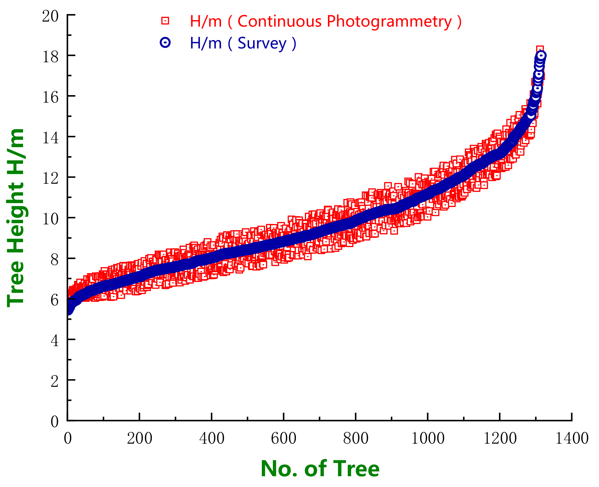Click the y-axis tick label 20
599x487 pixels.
50,16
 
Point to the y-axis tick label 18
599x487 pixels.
50,56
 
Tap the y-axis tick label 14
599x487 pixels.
50,138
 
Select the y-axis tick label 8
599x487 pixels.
54,259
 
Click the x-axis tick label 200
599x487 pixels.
140,439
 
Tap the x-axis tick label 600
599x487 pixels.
283,439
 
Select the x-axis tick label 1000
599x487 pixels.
428,439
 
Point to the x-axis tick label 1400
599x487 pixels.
572,439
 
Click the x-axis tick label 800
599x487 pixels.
356,439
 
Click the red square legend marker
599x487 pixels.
165,21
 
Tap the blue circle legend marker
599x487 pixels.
165,42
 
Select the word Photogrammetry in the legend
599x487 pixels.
389,22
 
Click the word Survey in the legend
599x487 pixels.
262,43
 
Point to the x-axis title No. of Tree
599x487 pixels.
320,469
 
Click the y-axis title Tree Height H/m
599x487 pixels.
16,217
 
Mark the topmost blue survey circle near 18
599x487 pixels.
541,56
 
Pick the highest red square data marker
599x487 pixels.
540,50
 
